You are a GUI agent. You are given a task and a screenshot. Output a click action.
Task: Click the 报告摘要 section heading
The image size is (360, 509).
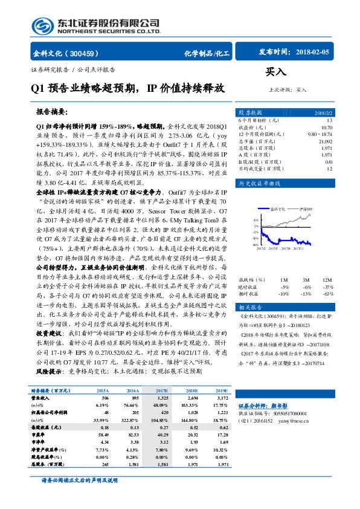[x=53, y=113]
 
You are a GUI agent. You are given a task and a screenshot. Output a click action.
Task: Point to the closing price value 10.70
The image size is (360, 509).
[x=326, y=128]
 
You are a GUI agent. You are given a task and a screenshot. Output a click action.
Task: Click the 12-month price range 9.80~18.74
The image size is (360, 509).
[x=320, y=134]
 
